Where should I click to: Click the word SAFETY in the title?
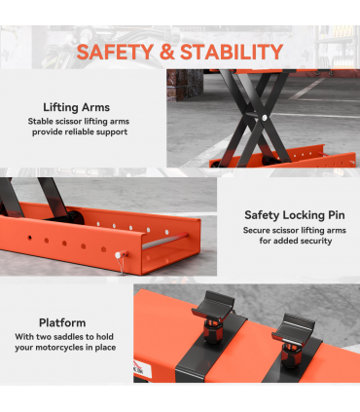[113, 52]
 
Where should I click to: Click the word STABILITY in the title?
[226, 52]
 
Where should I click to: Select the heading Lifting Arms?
[77, 107]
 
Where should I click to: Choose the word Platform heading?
[62, 322]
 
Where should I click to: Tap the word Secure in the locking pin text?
[256, 231]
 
